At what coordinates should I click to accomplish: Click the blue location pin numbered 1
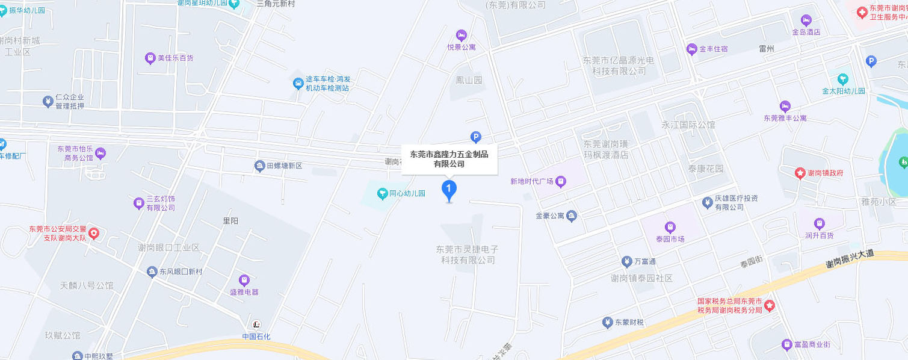point(449,190)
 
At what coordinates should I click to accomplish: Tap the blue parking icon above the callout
point(475,138)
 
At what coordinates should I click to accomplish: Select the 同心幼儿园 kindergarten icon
point(382,193)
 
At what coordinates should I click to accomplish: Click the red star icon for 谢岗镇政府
point(800,173)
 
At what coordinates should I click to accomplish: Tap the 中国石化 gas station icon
point(257,324)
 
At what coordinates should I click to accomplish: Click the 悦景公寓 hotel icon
point(462,34)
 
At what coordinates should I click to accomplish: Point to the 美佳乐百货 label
point(175,58)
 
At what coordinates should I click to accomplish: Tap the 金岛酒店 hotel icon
point(806,20)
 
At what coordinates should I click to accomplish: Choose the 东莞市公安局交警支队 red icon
point(94,233)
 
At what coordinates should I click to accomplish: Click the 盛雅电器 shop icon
point(244,280)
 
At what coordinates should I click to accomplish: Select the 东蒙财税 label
point(629,323)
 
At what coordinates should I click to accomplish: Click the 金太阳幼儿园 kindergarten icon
point(843,79)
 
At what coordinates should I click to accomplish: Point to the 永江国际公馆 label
point(688,125)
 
